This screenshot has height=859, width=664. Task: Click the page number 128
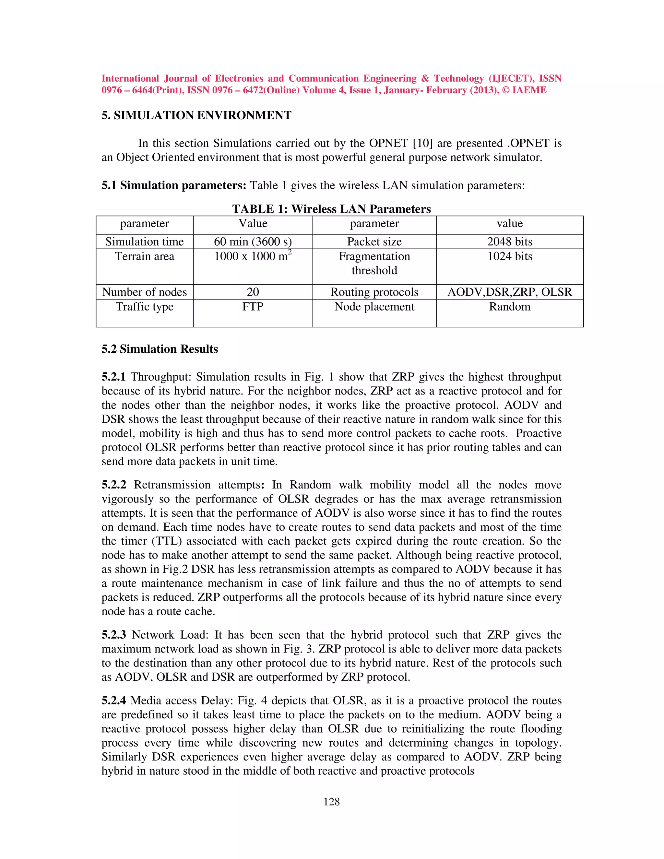click(x=331, y=802)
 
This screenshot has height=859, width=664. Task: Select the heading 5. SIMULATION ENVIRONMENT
click(x=196, y=115)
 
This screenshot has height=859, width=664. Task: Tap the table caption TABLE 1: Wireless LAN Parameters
click(x=331, y=209)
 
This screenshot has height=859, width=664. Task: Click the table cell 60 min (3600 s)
click(x=253, y=241)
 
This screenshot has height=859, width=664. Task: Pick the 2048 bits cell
click(x=509, y=241)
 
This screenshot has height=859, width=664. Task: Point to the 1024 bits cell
click(x=509, y=256)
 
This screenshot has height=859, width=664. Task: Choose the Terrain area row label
click(x=144, y=256)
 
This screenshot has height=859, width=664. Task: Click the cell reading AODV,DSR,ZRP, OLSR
click(x=509, y=292)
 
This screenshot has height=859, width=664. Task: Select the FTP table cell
click(x=253, y=306)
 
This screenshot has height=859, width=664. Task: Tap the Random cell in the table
click(x=509, y=306)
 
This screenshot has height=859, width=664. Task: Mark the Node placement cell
click(x=374, y=306)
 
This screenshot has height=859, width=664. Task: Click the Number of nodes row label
click(x=144, y=292)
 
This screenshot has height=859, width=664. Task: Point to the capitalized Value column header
click(x=253, y=223)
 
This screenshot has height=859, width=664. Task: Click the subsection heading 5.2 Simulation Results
click(x=160, y=349)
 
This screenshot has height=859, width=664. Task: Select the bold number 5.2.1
click(x=114, y=377)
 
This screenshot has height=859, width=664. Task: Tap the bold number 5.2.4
click(x=114, y=700)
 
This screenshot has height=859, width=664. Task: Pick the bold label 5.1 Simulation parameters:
click(x=173, y=185)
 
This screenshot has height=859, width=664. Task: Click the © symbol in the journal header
click(x=506, y=90)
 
